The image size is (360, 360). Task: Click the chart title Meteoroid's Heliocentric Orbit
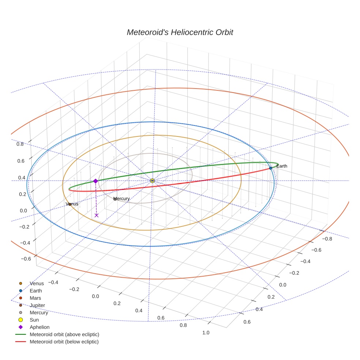tap(180, 32)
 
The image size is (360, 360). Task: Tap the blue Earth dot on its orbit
tap(270, 168)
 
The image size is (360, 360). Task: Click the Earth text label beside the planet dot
tap(282, 166)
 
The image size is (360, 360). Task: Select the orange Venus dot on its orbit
tap(70, 204)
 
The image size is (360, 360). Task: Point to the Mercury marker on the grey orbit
tap(115, 199)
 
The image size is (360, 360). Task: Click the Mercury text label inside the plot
tap(122, 199)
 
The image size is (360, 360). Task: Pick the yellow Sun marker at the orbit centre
tap(153, 181)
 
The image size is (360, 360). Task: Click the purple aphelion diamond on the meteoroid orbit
tap(95, 181)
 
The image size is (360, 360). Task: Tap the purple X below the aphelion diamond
tap(97, 215)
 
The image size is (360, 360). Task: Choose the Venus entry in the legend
tap(37, 284)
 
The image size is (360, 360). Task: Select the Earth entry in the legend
tap(36, 291)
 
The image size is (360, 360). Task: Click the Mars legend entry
tap(35, 298)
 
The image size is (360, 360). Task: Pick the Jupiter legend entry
tap(37, 305)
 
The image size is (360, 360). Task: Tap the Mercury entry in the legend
tap(39, 313)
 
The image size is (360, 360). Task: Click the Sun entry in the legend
tap(34, 320)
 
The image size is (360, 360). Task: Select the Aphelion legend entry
tap(40, 327)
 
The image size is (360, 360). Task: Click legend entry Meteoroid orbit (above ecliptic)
tap(64, 334)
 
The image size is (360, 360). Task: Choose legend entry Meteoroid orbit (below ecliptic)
tap(64, 342)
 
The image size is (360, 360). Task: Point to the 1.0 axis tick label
tap(206, 333)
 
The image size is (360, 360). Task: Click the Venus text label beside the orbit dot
tap(72, 204)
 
